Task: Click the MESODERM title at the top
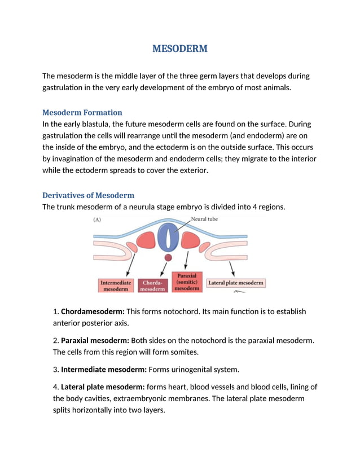179,49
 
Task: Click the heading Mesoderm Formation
82,112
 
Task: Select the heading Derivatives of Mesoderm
88,195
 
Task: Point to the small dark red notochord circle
168,257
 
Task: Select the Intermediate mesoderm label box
116,285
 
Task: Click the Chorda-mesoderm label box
152,285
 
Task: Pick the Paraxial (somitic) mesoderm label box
187,282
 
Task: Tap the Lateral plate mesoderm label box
235,283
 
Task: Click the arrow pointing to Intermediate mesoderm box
130,263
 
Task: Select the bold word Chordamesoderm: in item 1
93,311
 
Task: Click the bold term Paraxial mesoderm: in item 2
95,341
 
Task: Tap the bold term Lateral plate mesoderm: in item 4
103,387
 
